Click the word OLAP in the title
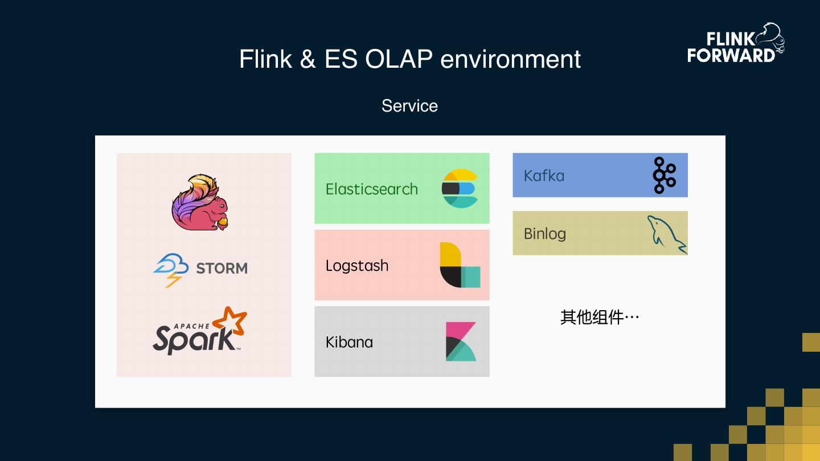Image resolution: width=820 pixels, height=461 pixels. (x=399, y=59)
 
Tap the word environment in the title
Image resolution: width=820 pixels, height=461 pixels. (x=510, y=59)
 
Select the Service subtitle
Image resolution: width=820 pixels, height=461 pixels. (x=409, y=106)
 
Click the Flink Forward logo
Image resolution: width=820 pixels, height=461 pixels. (x=736, y=43)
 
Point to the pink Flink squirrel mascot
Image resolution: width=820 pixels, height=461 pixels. (x=200, y=203)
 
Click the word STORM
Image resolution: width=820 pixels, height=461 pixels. (x=222, y=268)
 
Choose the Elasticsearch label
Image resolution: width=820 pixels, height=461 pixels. (x=371, y=189)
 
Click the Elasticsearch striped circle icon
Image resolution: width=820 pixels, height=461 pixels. (x=460, y=188)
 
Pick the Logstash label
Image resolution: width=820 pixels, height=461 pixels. (x=357, y=266)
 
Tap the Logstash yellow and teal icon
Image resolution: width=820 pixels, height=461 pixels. (x=460, y=265)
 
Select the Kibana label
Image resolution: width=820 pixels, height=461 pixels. (x=349, y=343)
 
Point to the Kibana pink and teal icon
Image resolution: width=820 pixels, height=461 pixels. (x=461, y=341)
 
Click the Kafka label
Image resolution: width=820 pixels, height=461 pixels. (x=544, y=176)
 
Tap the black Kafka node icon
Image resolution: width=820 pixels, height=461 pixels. (x=665, y=175)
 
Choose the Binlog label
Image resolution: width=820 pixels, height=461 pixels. (x=545, y=234)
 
